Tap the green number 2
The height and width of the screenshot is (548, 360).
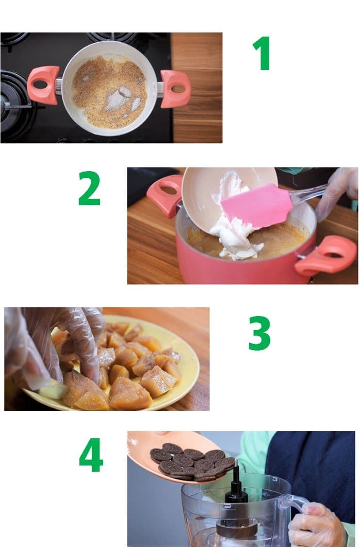point(89,188)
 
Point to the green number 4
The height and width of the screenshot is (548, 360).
point(91,455)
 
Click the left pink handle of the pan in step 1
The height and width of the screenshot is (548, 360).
point(43,85)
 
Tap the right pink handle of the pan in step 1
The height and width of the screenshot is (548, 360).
point(175,89)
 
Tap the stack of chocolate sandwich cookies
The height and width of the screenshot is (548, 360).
point(193,461)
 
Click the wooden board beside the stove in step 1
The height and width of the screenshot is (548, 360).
point(197,87)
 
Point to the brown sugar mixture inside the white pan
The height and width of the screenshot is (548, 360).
point(109,92)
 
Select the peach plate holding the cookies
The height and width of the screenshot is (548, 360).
point(175,454)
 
